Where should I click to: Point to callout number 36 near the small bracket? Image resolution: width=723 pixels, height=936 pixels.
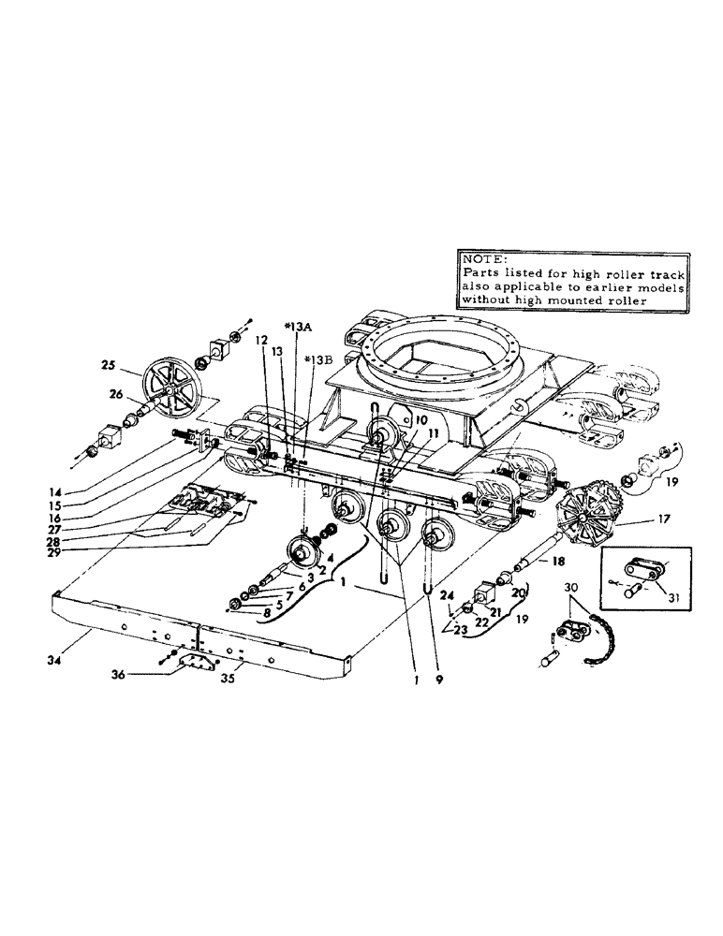pyautogui.click(x=145, y=673)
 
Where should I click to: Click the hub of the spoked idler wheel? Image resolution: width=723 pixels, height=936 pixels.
pyautogui.click(x=174, y=384)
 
